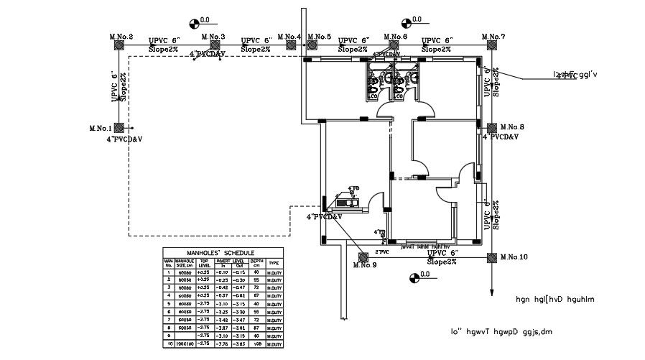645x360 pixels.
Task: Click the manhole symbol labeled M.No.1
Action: pyautogui.click(x=119, y=127)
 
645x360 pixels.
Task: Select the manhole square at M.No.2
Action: pyautogui.click(x=119, y=45)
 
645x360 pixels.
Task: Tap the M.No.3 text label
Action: pyautogui.click(x=213, y=37)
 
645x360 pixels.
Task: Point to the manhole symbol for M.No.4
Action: pyautogui.click(x=291, y=45)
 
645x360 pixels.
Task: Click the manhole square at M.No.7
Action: pyautogui.click(x=492, y=45)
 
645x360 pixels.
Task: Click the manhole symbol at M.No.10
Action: pyautogui.click(x=492, y=257)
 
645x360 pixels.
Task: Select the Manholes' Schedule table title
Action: pyautogui.click(x=221, y=253)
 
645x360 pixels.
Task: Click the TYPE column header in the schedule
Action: pyautogui.click(x=273, y=263)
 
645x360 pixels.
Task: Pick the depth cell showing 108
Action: pyautogui.click(x=256, y=345)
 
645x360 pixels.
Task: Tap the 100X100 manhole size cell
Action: pyautogui.click(x=185, y=345)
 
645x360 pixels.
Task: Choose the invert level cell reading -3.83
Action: pyautogui.click(x=239, y=345)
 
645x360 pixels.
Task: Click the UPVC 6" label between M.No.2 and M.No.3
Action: pyautogui.click(x=164, y=40)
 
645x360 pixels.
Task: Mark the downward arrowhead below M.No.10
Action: pyautogui.click(x=492, y=292)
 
